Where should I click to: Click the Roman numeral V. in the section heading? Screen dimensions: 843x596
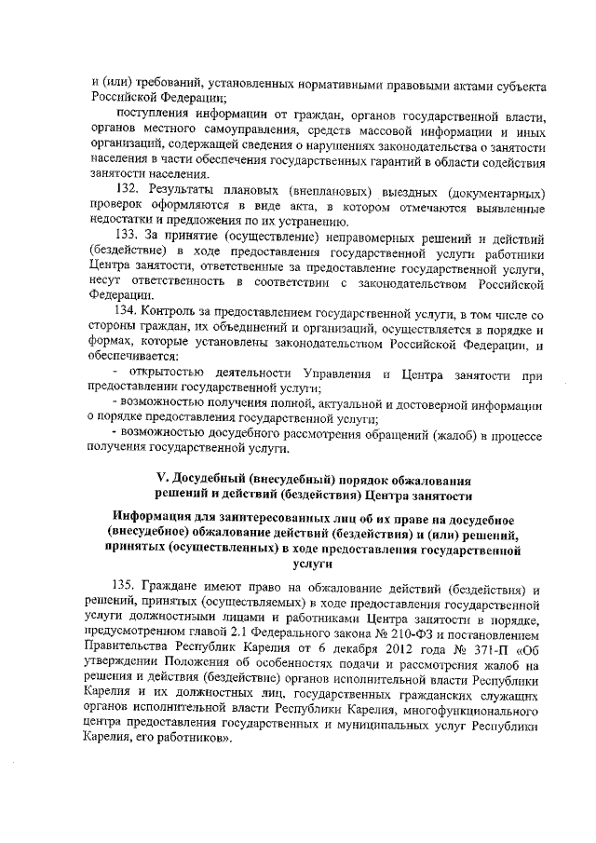161,479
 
